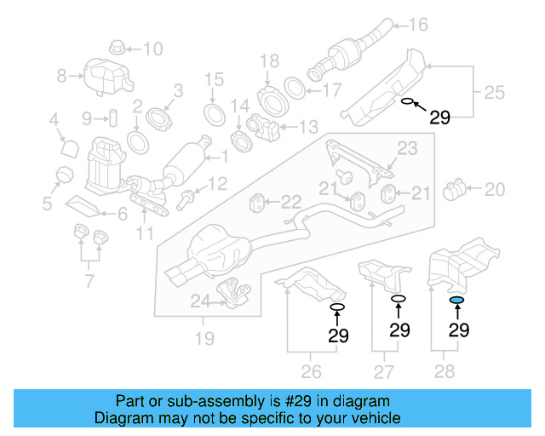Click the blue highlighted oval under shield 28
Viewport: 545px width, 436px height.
pos(456,301)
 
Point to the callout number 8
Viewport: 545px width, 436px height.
pos(61,77)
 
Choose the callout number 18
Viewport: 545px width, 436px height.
pos(269,60)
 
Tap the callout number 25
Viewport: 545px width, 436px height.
pos(495,90)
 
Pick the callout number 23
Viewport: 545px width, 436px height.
pos(407,149)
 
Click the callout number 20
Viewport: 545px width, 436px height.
pos(495,188)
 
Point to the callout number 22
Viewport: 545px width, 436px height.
pos(291,203)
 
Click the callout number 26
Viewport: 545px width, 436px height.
pos(312,371)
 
